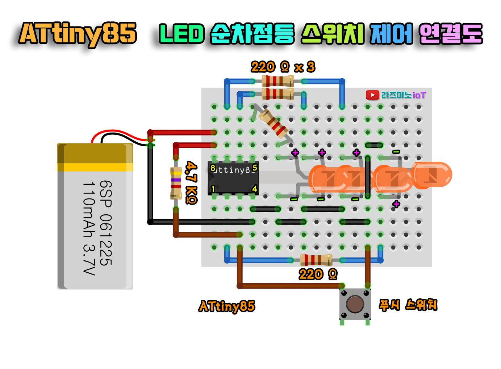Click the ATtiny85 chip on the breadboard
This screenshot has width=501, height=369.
[233, 178]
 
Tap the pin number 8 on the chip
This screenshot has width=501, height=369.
[213, 168]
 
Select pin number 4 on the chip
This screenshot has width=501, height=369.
[254, 189]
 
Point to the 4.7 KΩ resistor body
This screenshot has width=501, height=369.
[176, 183]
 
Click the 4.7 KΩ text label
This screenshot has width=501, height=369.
[191, 183]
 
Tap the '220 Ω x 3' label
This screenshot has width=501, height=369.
[283, 67]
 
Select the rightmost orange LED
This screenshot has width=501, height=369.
[432, 175]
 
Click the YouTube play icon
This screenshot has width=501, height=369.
[372, 95]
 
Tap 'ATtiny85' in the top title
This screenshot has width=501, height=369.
[78, 34]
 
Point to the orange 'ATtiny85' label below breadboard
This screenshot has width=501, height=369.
[227, 306]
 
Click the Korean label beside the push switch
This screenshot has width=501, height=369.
[408, 305]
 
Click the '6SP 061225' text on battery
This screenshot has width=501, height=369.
[105, 223]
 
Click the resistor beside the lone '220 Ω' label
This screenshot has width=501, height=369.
[316, 260]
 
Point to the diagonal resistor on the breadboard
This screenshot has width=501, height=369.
[274, 123]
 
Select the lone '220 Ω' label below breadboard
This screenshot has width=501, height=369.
[318, 274]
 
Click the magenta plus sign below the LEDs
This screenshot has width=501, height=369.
[396, 204]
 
